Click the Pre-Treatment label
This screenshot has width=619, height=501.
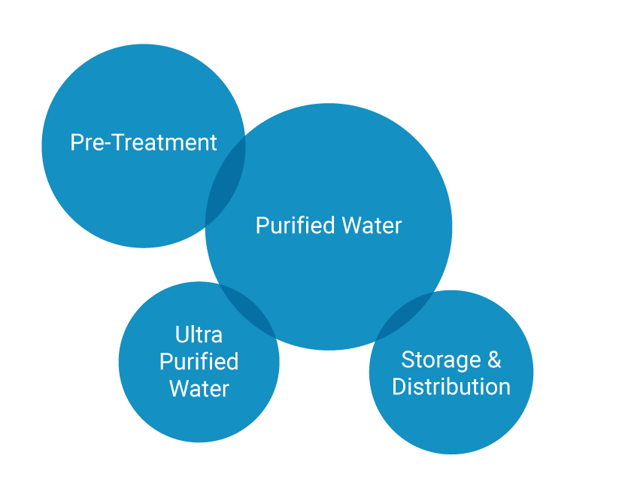click(x=143, y=142)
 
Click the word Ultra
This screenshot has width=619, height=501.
click(x=199, y=334)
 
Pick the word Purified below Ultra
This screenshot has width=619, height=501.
click(x=199, y=362)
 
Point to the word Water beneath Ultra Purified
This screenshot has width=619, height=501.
click(x=199, y=389)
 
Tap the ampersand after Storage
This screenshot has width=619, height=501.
click(x=494, y=360)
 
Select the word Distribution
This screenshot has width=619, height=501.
click(x=451, y=387)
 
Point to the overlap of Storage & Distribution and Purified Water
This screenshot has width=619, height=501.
click(x=406, y=316)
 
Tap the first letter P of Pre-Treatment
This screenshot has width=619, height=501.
click(x=76, y=142)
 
